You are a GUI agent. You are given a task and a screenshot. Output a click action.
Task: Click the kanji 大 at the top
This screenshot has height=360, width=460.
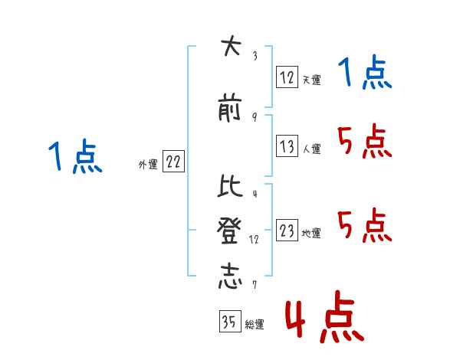[228, 47]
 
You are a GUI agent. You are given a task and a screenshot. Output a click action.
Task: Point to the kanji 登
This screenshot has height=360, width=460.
[228, 231]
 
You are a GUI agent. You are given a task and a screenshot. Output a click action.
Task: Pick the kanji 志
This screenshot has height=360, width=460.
[228, 276]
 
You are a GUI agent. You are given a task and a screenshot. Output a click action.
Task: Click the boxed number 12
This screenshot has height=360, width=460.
[287, 77]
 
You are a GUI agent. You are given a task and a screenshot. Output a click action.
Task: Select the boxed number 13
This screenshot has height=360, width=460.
[287, 146]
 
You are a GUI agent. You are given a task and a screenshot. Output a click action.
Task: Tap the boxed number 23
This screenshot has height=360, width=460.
[287, 231]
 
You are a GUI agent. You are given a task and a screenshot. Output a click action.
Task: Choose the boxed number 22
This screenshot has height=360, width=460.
[173, 162]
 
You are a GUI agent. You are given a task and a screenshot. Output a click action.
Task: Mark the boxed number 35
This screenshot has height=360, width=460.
[228, 322]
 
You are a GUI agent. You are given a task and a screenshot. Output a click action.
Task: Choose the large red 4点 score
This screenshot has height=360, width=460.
[323, 319]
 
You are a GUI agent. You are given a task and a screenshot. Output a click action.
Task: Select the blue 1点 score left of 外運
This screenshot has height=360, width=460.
[75, 159]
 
